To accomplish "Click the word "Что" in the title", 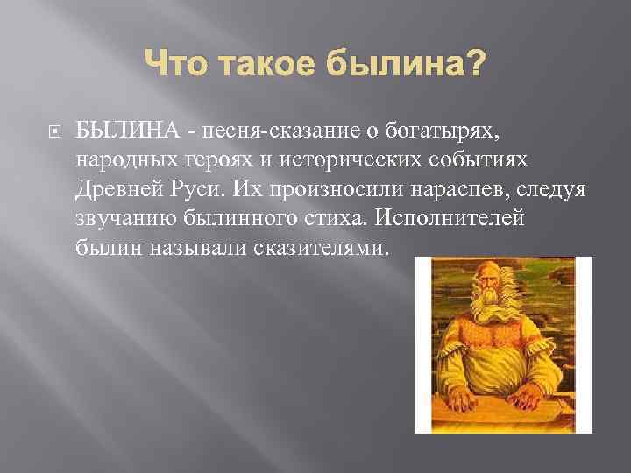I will (x=174, y=62).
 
